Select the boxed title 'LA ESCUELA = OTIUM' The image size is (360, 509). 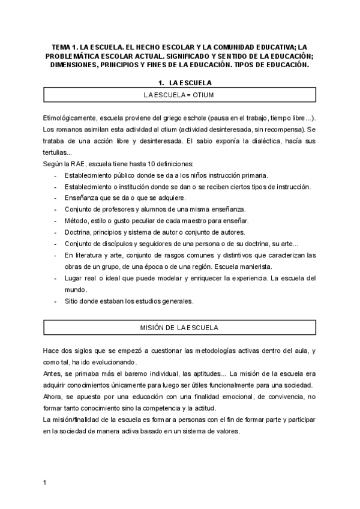[x=179, y=95]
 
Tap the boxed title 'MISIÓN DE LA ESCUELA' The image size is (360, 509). [x=179, y=328]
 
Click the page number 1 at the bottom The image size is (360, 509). [x=45, y=483]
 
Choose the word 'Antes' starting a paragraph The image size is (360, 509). [x=53, y=373]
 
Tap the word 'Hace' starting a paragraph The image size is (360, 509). [x=52, y=351]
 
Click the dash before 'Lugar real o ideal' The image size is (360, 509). [x=56, y=278]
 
